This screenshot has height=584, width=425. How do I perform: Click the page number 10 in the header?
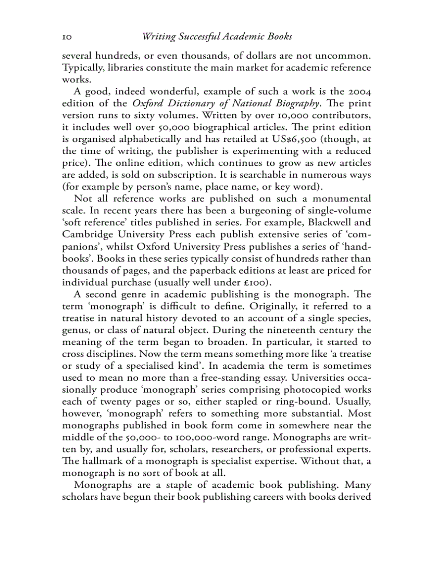pos(67,37)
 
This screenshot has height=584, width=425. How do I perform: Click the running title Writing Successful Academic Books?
pos(217,37)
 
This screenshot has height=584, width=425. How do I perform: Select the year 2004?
pos(359,90)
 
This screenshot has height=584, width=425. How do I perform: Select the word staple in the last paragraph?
pos(194,485)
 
